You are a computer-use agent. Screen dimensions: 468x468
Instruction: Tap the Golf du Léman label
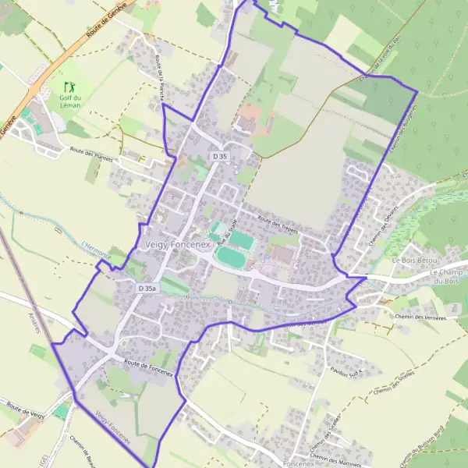[71, 101]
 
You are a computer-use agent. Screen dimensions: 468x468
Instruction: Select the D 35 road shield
[220, 157]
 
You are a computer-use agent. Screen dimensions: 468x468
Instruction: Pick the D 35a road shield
[147, 289]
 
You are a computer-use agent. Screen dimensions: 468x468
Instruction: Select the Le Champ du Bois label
[448, 275]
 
